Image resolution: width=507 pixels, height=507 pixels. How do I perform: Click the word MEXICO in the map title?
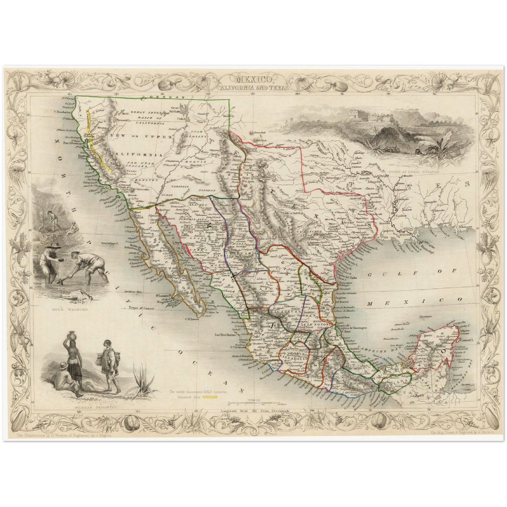[253, 79]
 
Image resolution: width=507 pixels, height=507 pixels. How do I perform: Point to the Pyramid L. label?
[125, 120]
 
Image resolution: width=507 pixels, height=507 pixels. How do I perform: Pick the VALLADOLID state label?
[292, 359]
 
